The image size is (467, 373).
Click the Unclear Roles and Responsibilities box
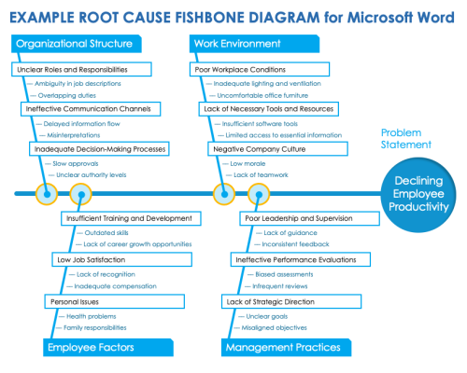[83, 69]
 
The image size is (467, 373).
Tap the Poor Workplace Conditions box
[252, 69]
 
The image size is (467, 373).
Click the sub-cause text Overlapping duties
[65, 95]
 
